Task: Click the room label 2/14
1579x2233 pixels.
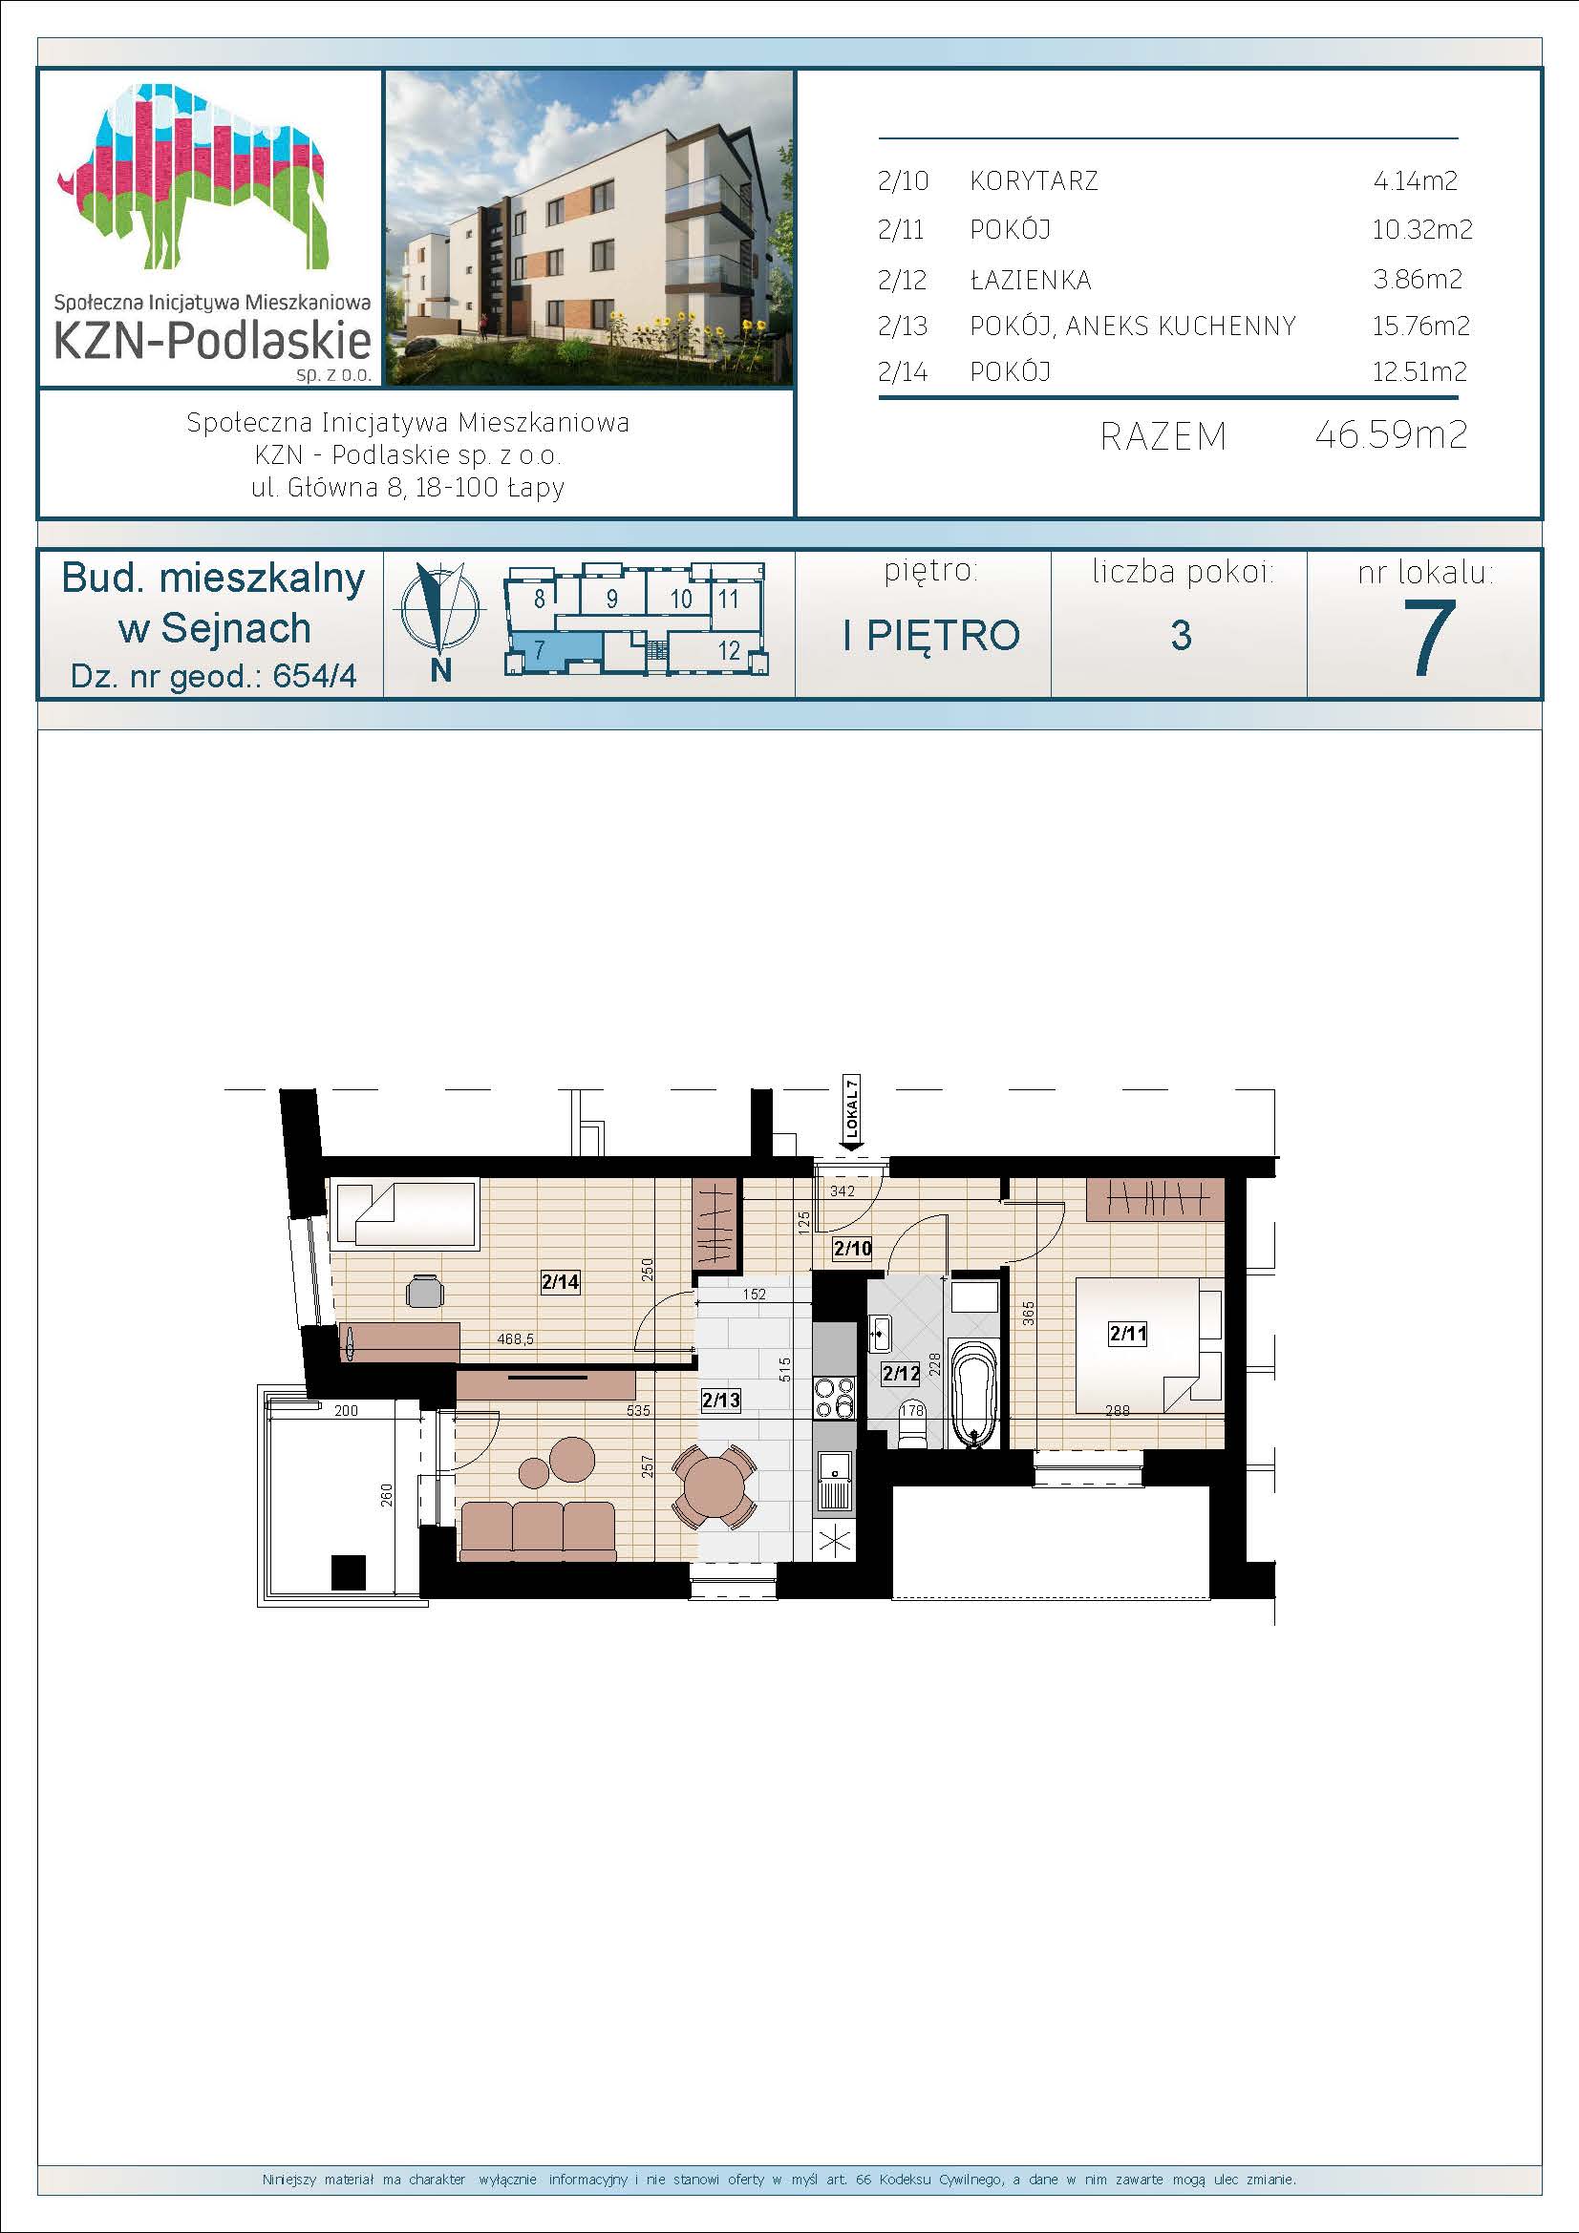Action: (560, 1282)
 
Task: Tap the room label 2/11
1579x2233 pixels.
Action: (1127, 1334)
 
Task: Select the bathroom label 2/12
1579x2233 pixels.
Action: (901, 1374)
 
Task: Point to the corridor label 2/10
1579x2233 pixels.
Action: (852, 1249)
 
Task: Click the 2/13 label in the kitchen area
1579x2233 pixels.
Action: (721, 1400)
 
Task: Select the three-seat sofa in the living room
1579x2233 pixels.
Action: (537, 1530)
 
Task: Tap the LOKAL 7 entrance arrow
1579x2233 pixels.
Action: (853, 1117)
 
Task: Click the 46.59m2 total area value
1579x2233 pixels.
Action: (1390, 433)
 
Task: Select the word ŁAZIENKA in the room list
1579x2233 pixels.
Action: (1031, 280)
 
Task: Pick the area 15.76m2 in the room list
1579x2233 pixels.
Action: (1420, 326)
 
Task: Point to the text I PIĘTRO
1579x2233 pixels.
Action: (931, 635)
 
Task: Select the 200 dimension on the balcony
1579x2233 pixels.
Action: (347, 1410)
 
